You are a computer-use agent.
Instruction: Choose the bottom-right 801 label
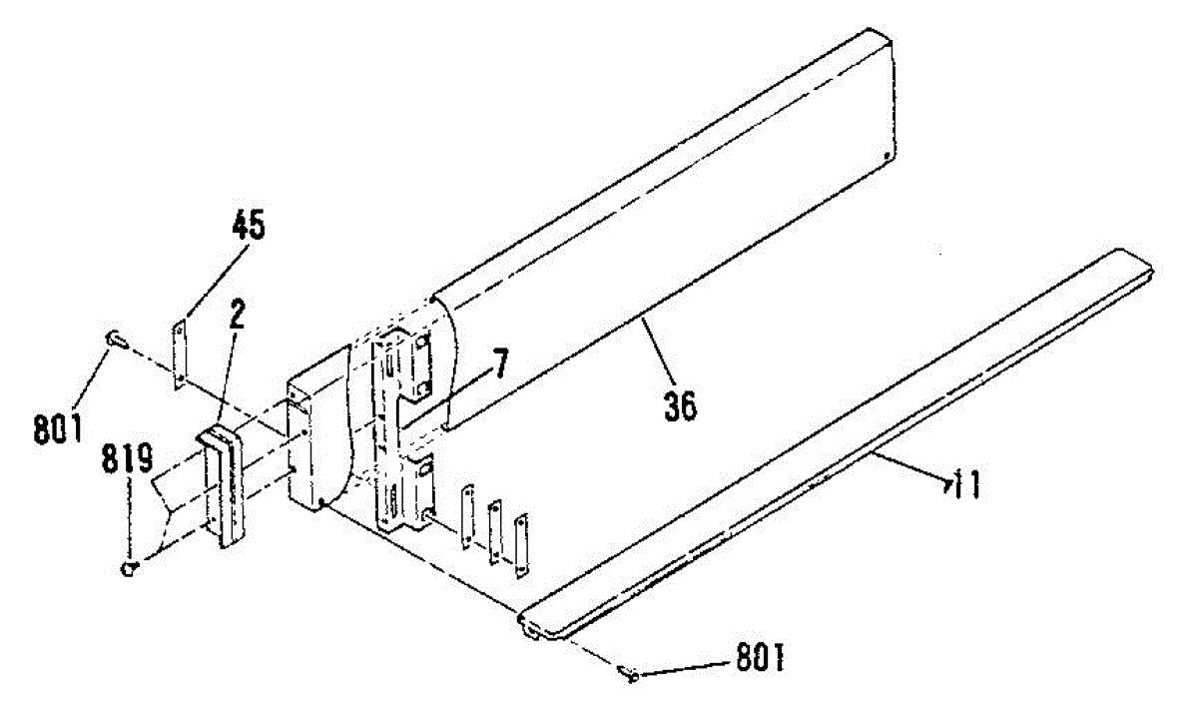(761, 660)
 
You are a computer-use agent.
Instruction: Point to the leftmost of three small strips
(467, 516)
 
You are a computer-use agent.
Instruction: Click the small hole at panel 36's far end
(886, 155)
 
